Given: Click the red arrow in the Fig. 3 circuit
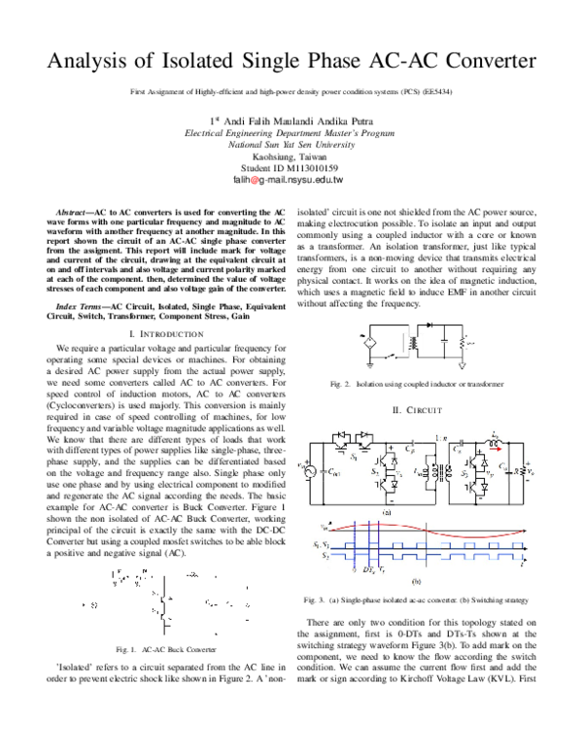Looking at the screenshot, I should tap(495, 449).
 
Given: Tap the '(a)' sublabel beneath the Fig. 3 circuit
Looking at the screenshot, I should tap(388, 511).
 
